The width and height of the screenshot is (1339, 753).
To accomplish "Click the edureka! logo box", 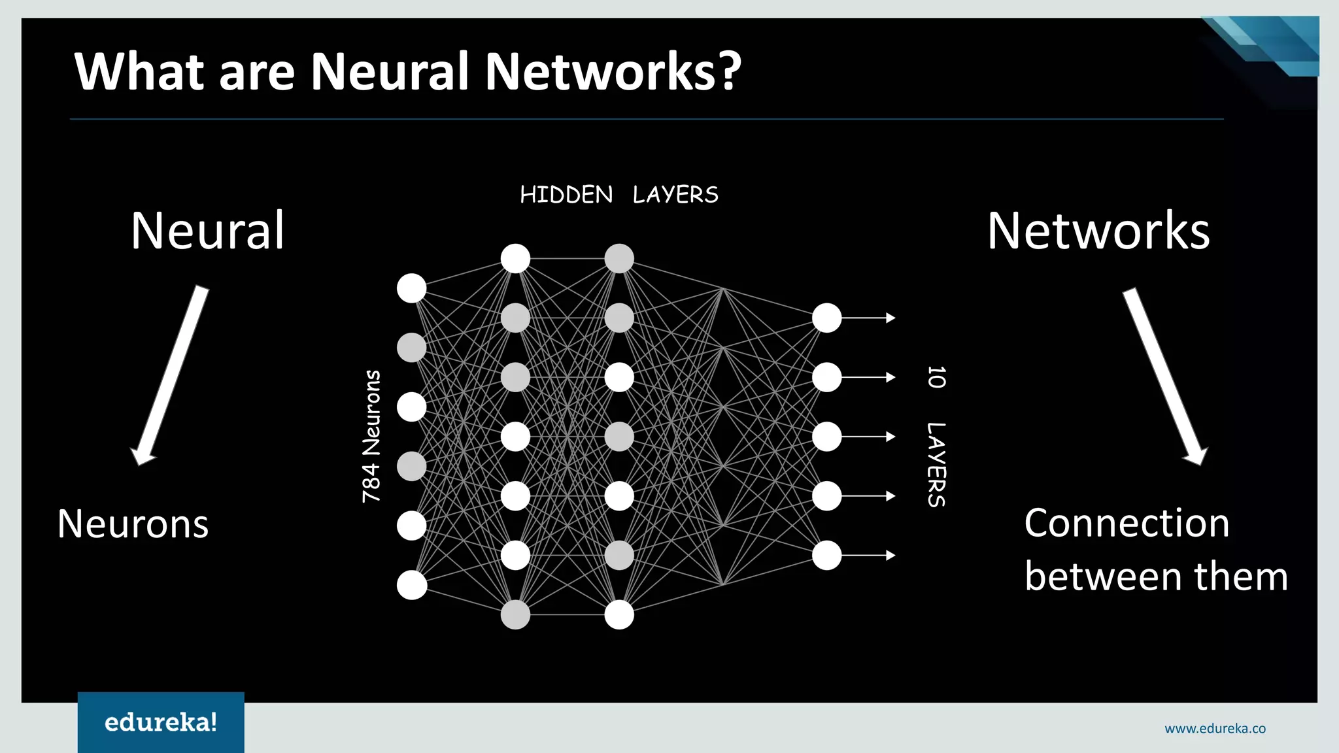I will [x=161, y=722].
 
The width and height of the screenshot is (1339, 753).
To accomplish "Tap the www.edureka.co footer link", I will [x=1215, y=728].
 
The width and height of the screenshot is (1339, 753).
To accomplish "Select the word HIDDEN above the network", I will [x=566, y=195].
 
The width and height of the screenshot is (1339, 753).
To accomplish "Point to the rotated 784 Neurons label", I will [x=371, y=436].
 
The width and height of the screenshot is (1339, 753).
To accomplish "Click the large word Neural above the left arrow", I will [x=207, y=231].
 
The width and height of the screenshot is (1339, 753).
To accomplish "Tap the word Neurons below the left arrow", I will [x=133, y=524].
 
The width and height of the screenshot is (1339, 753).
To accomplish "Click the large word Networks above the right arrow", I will [x=1098, y=231].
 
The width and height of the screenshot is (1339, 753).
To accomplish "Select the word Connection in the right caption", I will [x=1127, y=523].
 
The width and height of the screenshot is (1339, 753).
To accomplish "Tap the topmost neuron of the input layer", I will [x=412, y=288].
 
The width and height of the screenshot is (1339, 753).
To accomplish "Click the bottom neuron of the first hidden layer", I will [x=515, y=614].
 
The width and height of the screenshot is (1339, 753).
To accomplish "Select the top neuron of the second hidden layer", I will [x=619, y=258].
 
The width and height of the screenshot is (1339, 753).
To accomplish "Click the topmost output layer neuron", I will [x=826, y=318].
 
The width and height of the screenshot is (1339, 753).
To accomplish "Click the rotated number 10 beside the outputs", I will [x=936, y=377].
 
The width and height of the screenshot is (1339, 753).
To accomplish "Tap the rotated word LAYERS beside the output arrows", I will [x=936, y=464].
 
